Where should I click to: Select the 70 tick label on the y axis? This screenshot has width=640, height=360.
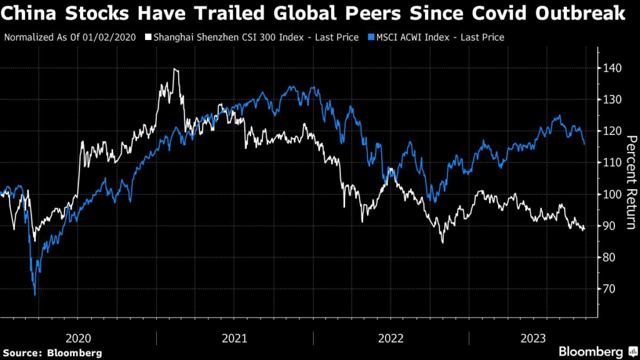tap(609, 289)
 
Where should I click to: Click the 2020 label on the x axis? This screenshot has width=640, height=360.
tap(78, 338)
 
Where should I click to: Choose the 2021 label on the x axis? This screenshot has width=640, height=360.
tap(234, 338)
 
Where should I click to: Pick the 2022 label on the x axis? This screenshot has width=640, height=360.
tap(391, 338)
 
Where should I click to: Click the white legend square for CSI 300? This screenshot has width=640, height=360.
tap(148, 37)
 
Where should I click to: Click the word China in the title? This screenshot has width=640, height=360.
tap(27, 14)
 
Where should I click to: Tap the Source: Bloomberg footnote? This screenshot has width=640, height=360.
tap(52, 353)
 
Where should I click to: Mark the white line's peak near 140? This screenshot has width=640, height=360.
tap(175, 69)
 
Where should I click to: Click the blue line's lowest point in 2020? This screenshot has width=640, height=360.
tap(35, 295)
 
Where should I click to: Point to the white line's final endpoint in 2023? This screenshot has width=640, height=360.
tap(584, 230)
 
